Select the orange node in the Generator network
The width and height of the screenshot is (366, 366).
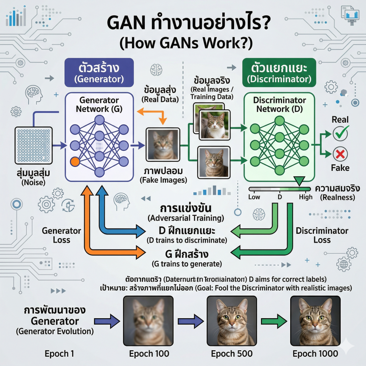(x=75, y=162)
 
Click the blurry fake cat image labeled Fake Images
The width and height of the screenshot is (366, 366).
(x=162, y=145)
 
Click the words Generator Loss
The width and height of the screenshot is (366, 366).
(x=61, y=235)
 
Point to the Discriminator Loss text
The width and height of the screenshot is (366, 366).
(x=322, y=235)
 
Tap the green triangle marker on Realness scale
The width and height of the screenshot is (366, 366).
(x=299, y=181)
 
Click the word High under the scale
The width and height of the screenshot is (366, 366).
(x=306, y=197)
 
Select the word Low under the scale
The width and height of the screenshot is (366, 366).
(x=254, y=197)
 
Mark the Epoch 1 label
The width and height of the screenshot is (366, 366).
(x=59, y=354)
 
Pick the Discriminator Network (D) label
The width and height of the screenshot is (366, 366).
(x=280, y=104)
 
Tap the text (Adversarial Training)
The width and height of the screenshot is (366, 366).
(x=186, y=218)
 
